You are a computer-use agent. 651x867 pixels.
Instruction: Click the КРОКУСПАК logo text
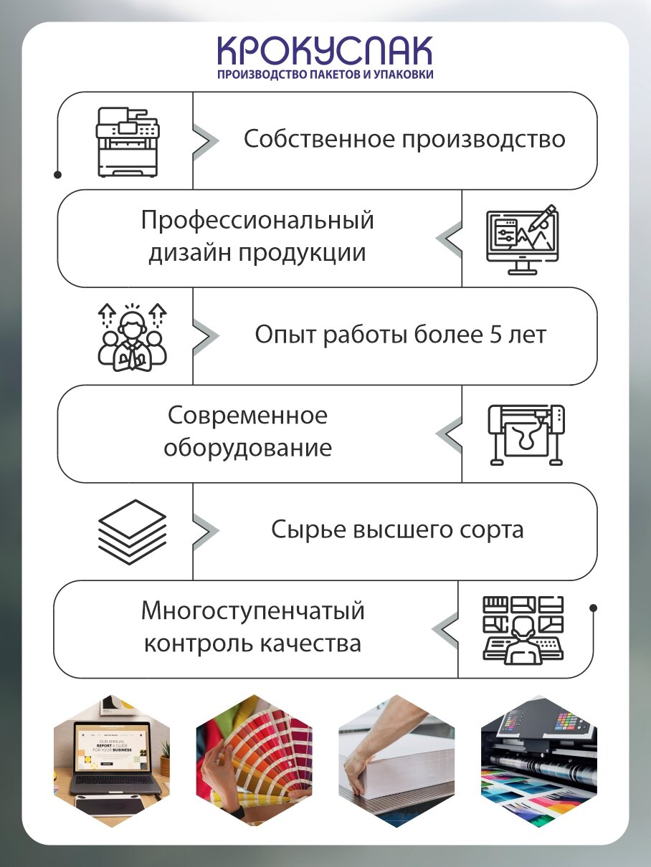tap(325, 51)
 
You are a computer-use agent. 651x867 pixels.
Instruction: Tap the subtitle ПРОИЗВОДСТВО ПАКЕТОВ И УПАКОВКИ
tap(325, 74)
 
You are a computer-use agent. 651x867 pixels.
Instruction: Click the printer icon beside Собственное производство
tap(128, 141)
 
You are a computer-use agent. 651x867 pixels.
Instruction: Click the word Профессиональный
tap(257, 220)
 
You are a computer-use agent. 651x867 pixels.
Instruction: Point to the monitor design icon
tap(522, 239)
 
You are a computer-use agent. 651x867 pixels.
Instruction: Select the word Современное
tap(247, 416)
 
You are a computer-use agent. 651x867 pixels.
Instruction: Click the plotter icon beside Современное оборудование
tap(526, 435)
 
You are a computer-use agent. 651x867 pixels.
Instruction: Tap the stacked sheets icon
tap(132, 532)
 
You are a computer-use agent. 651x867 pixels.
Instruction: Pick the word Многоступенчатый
tap(253, 611)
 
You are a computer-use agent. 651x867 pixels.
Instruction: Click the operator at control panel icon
tap(522, 630)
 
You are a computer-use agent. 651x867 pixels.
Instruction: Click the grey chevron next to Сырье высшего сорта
tap(206, 531)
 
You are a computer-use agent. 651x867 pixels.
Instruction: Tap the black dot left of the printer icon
tap(57, 174)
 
